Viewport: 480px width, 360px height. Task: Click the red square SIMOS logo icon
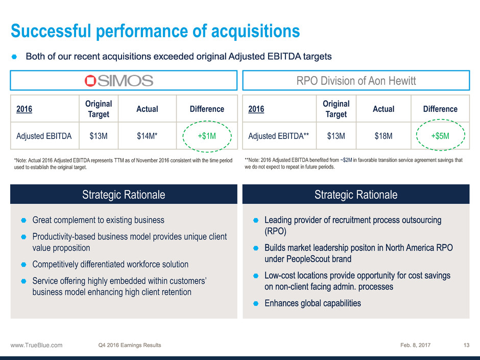(x=90, y=81)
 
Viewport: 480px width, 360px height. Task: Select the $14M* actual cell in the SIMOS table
(x=147, y=136)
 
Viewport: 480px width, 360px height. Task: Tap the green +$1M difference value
(x=207, y=136)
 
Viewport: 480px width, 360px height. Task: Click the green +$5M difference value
(x=440, y=136)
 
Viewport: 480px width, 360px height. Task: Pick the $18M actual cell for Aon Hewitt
(x=383, y=136)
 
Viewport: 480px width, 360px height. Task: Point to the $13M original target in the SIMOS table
(x=99, y=136)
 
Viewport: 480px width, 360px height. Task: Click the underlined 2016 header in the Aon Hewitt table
(x=256, y=109)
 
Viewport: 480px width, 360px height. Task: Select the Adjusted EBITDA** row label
(x=279, y=136)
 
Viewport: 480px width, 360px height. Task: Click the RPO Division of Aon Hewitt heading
(x=356, y=81)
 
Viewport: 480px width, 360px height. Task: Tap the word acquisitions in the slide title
(x=256, y=31)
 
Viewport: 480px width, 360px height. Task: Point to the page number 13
(x=466, y=345)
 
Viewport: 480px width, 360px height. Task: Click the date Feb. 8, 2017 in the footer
(x=416, y=345)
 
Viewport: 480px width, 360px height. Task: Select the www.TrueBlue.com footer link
(x=36, y=345)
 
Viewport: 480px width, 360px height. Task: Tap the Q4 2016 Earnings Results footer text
(x=130, y=345)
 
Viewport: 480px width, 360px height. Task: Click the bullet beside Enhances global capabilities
(x=256, y=304)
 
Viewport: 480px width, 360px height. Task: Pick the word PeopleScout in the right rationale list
(x=308, y=259)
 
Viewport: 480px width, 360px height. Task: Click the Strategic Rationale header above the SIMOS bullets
(x=124, y=195)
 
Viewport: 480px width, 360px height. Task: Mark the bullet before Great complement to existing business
(x=23, y=221)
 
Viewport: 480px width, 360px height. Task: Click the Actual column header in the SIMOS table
(x=147, y=109)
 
